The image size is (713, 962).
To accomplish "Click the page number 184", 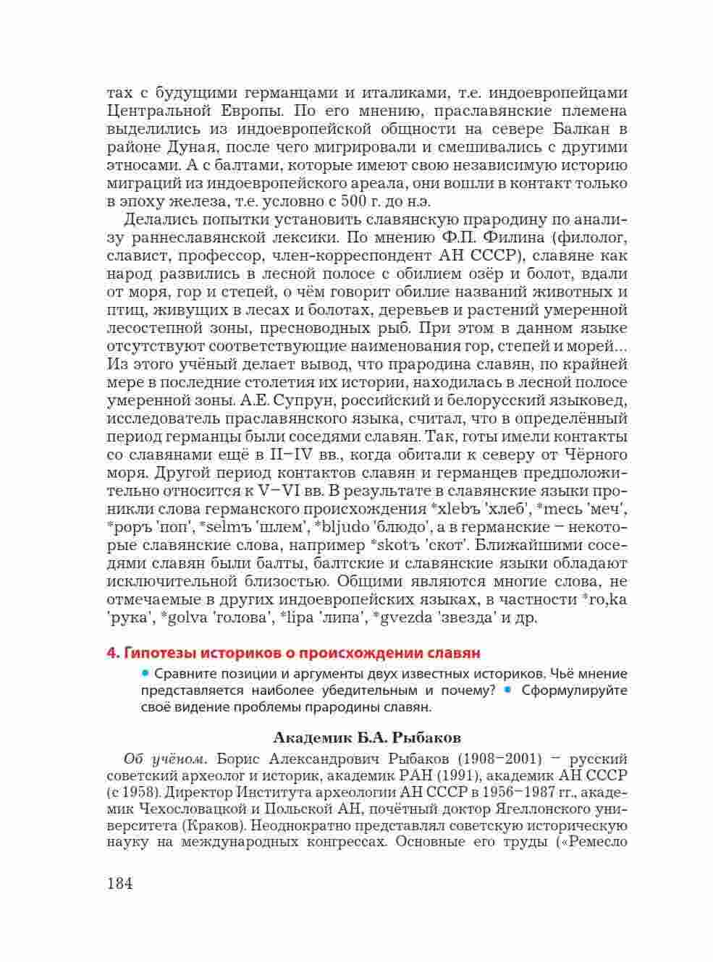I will tap(120, 883).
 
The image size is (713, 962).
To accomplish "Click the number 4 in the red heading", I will tap(111, 652).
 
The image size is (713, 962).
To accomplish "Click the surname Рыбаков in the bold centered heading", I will tap(427, 738).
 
